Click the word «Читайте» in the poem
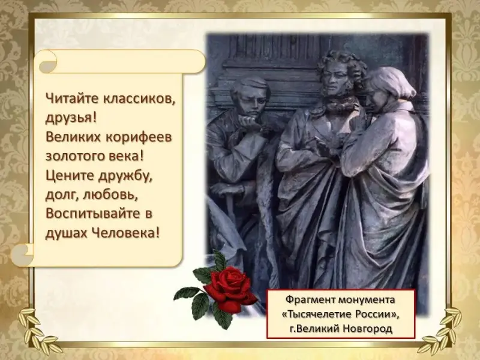click(x=71, y=98)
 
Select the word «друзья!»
click(x=71, y=118)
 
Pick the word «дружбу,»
click(x=125, y=176)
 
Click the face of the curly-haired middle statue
click(x=336, y=80)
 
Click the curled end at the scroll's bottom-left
click(x=23, y=254)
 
